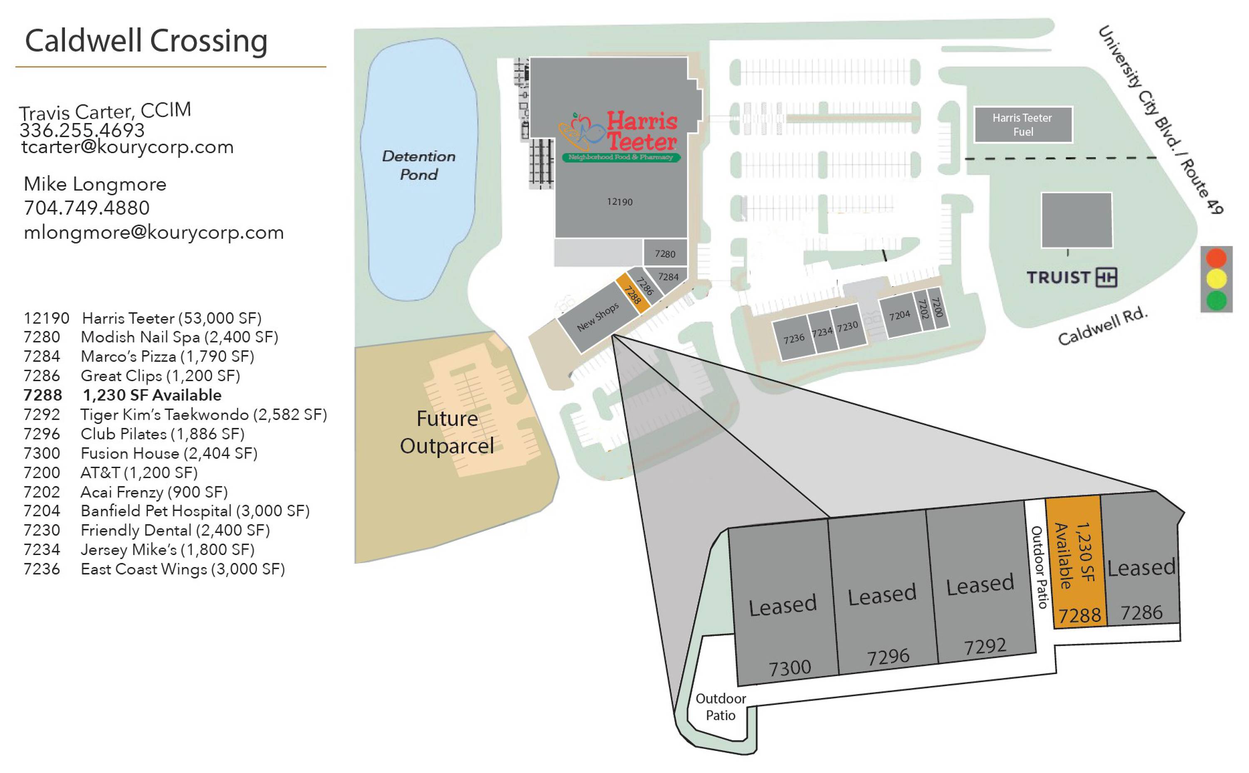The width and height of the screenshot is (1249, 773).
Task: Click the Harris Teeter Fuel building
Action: click(1023, 125)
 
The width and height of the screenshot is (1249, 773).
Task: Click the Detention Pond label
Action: click(418, 165)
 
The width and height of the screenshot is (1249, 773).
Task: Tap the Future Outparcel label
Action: click(446, 432)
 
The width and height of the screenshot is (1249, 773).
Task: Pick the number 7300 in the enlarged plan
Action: click(790, 667)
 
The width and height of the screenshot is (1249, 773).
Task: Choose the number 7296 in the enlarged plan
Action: click(888, 657)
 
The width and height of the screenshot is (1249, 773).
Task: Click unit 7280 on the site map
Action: click(665, 254)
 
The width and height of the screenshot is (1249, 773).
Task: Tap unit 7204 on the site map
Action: click(899, 315)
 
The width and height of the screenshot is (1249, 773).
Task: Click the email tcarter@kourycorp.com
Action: click(127, 147)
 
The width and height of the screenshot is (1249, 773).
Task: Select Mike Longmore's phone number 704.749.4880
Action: click(87, 208)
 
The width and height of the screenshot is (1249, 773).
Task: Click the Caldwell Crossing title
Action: click(146, 41)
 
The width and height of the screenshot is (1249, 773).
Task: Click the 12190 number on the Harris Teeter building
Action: click(620, 202)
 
